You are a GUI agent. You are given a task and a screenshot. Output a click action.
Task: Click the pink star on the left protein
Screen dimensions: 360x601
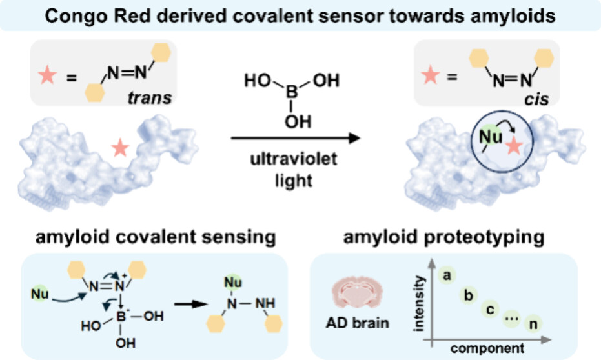pos(119,150)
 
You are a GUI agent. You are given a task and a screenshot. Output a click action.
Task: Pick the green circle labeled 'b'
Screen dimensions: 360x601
pos(468,295)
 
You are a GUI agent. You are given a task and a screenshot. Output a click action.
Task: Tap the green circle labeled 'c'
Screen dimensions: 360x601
pos(490,309)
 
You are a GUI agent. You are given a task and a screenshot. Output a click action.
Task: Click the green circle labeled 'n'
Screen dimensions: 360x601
pos(532,322)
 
